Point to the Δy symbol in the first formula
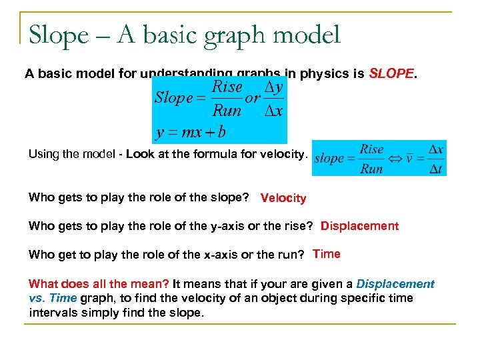coord(273,87)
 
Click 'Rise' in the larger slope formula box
coord(227,87)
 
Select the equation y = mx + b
coord(191,131)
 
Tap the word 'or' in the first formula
coord(253,98)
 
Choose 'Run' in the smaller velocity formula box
coord(371,169)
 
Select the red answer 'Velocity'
coord(283,198)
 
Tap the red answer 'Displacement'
coord(359,226)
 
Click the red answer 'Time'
coord(326,254)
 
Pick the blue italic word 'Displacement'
coord(395,284)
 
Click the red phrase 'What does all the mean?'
coord(99,284)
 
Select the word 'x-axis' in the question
coord(191,255)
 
